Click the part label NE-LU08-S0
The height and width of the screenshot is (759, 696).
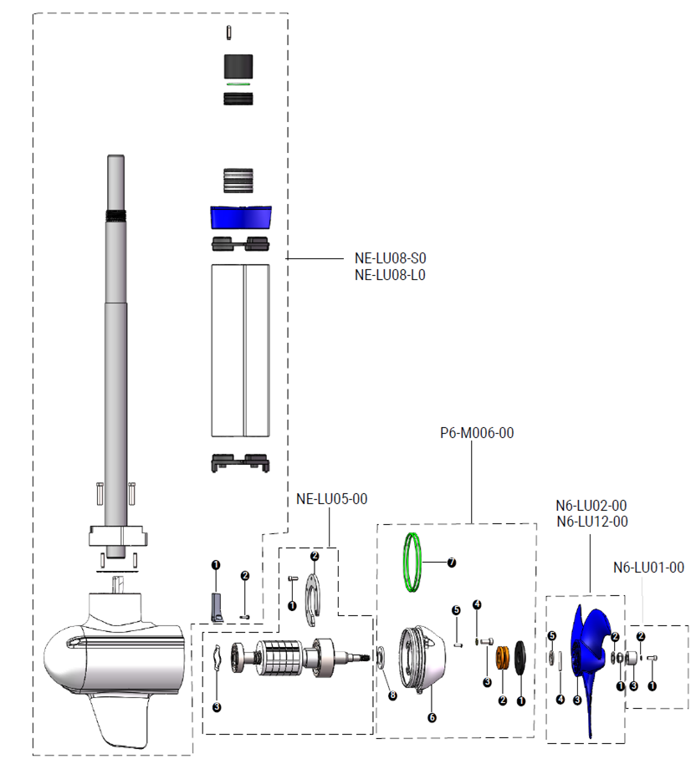tap(390, 258)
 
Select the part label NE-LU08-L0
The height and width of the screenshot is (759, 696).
tap(390, 274)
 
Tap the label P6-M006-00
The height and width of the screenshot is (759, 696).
tap(476, 434)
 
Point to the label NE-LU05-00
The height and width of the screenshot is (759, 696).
tap(332, 499)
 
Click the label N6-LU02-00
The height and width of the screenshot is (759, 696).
tap(591, 505)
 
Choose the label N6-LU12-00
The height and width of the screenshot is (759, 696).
tap(591, 522)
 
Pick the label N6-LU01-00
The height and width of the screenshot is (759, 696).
tap(648, 568)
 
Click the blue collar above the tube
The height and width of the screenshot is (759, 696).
tap(241, 217)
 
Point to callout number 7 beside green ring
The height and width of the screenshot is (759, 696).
tap(452, 563)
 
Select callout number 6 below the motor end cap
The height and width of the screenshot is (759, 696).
tap(432, 717)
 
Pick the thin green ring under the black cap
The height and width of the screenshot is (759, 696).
tap(239, 84)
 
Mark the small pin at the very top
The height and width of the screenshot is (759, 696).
tap(229, 32)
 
